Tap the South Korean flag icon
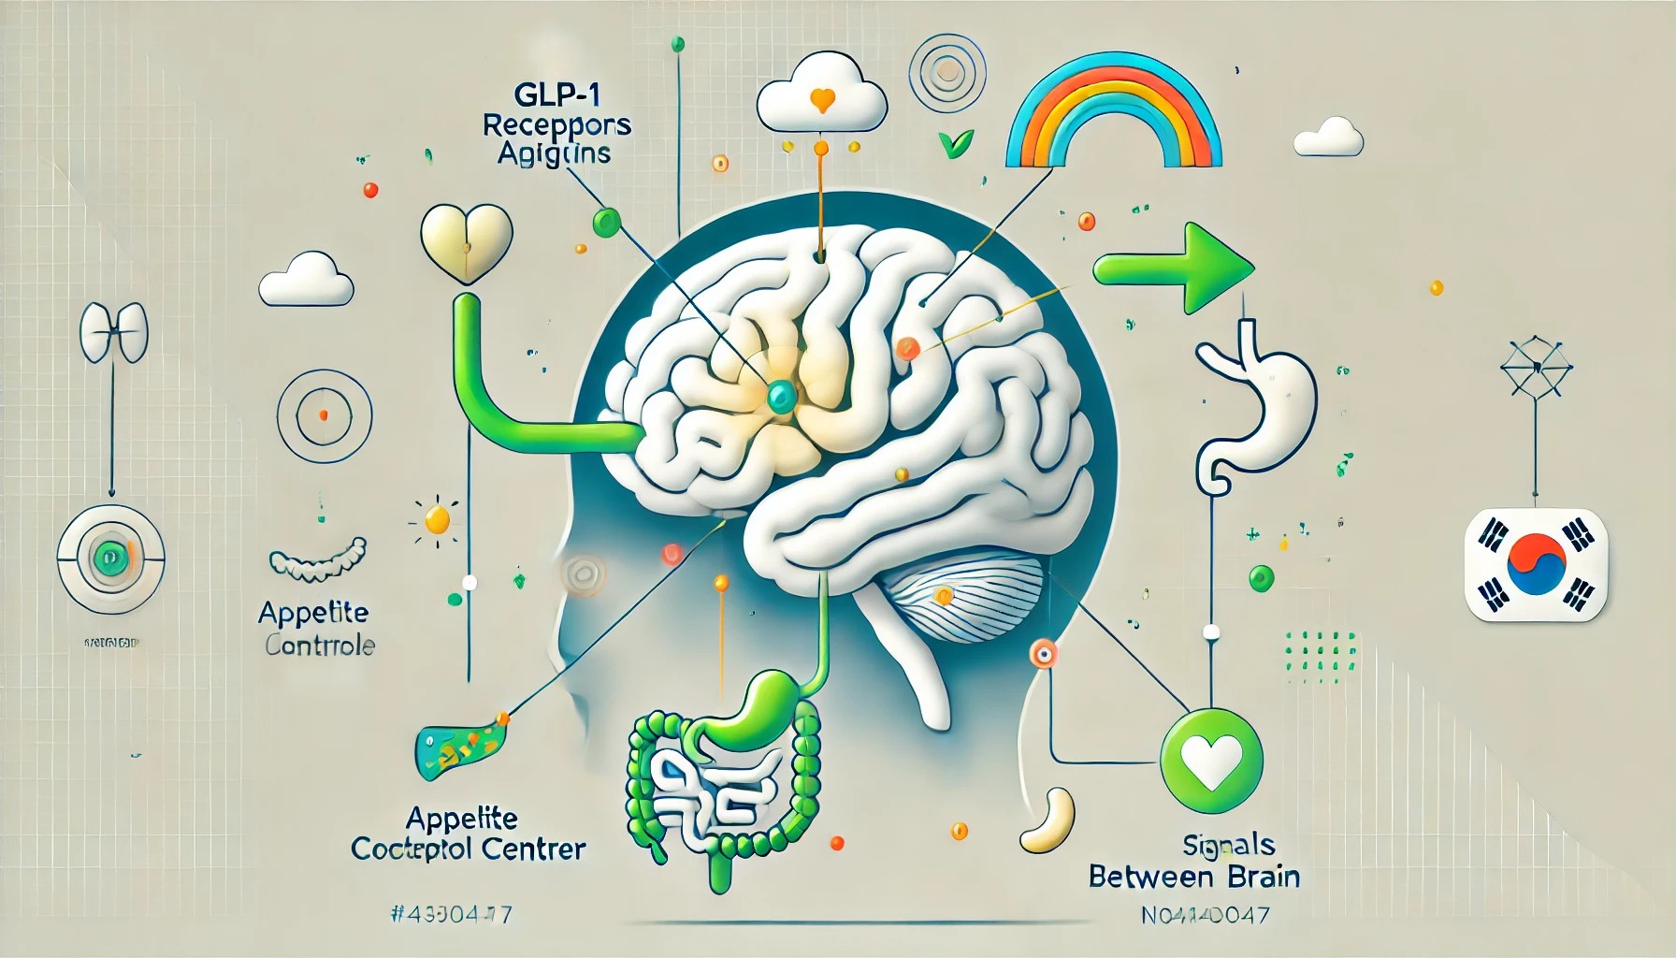pyautogui.click(x=1536, y=564)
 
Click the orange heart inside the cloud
pyautogui.click(x=822, y=99)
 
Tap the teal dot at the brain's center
pyautogui.click(x=778, y=398)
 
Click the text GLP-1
pyautogui.click(x=556, y=95)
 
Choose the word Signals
pyautogui.click(x=1229, y=846)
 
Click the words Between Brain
pyautogui.click(x=1194, y=878)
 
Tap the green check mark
pyautogui.click(x=956, y=144)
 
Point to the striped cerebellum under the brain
pyautogui.click(x=963, y=594)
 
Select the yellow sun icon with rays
pyautogui.click(x=437, y=518)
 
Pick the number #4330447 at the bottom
pyautogui.click(x=451, y=914)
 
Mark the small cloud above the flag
pyautogui.click(x=1328, y=138)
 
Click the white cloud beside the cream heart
pyautogui.click(x=306, y=280)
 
